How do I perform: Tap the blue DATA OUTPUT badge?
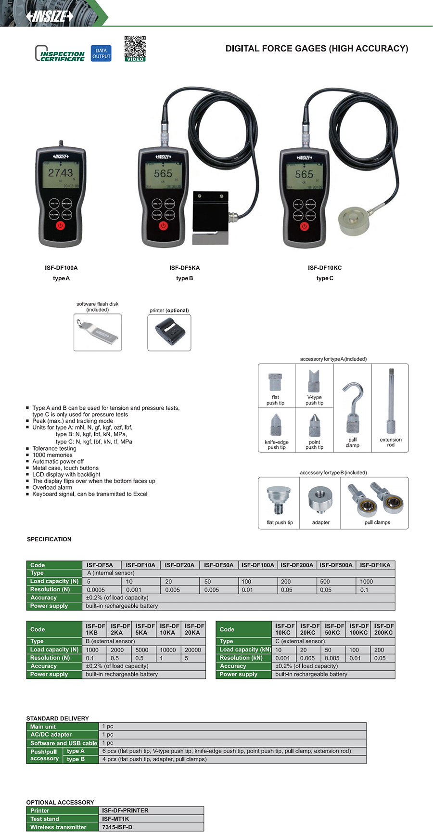[101, 53]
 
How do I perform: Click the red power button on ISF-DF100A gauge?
[60, 225]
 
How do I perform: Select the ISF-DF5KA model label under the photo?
[184, 268]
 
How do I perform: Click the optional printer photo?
[169, 333]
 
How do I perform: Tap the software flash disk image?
[97, 332]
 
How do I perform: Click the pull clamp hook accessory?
[353, 408]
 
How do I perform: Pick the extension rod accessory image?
[391, 402]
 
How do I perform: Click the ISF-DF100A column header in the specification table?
[257, 565]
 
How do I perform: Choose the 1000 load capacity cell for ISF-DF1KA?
[367, 581]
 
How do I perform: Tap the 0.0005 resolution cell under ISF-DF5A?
[96, 589]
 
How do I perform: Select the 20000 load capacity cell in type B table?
[193, 650]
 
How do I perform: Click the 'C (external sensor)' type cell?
[300, 641]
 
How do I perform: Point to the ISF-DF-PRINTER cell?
[125, 810]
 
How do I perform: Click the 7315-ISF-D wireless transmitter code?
[117, 827]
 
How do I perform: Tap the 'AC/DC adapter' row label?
[51, 734]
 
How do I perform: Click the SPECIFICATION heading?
[49, 539]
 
